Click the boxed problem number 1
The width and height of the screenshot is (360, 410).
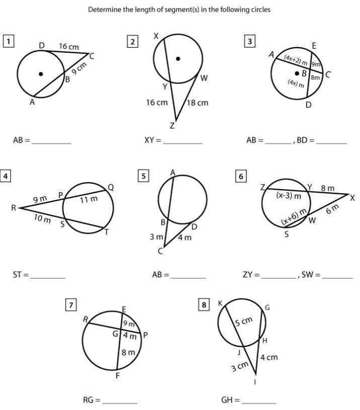[x=8, y=41]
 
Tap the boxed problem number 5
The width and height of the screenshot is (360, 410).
[x=144, y=176]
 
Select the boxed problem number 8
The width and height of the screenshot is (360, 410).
[x=204, y=305]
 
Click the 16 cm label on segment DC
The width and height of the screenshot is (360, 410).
[x=69, y=46]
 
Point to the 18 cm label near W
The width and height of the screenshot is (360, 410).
[x=198, y=103]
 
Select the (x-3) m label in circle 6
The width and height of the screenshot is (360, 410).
[x=289, y=195]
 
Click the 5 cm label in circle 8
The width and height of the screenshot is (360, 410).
[x=244, y=320]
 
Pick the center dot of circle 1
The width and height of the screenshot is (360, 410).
[x=41, y=74]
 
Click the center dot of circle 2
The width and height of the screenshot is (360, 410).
[x=177, y=58]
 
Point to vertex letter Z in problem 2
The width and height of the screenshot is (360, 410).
[x=172, y=126]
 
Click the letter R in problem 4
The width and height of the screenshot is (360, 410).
[x=14, y=208]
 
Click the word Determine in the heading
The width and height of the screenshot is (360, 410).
[x=104, y=10]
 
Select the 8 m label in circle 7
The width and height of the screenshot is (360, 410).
[x=129, y=353]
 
